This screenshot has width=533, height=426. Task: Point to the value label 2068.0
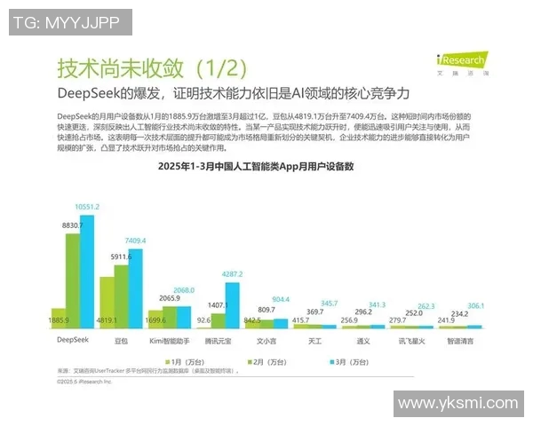[184, 291]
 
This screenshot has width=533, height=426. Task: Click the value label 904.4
[280, 299]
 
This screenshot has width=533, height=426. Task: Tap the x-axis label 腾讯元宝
[219, 339]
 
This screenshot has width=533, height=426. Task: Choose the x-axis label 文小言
[266, 339]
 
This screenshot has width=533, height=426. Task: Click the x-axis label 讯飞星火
[411, 339]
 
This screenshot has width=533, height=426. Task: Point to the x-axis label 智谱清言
[460, 339]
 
